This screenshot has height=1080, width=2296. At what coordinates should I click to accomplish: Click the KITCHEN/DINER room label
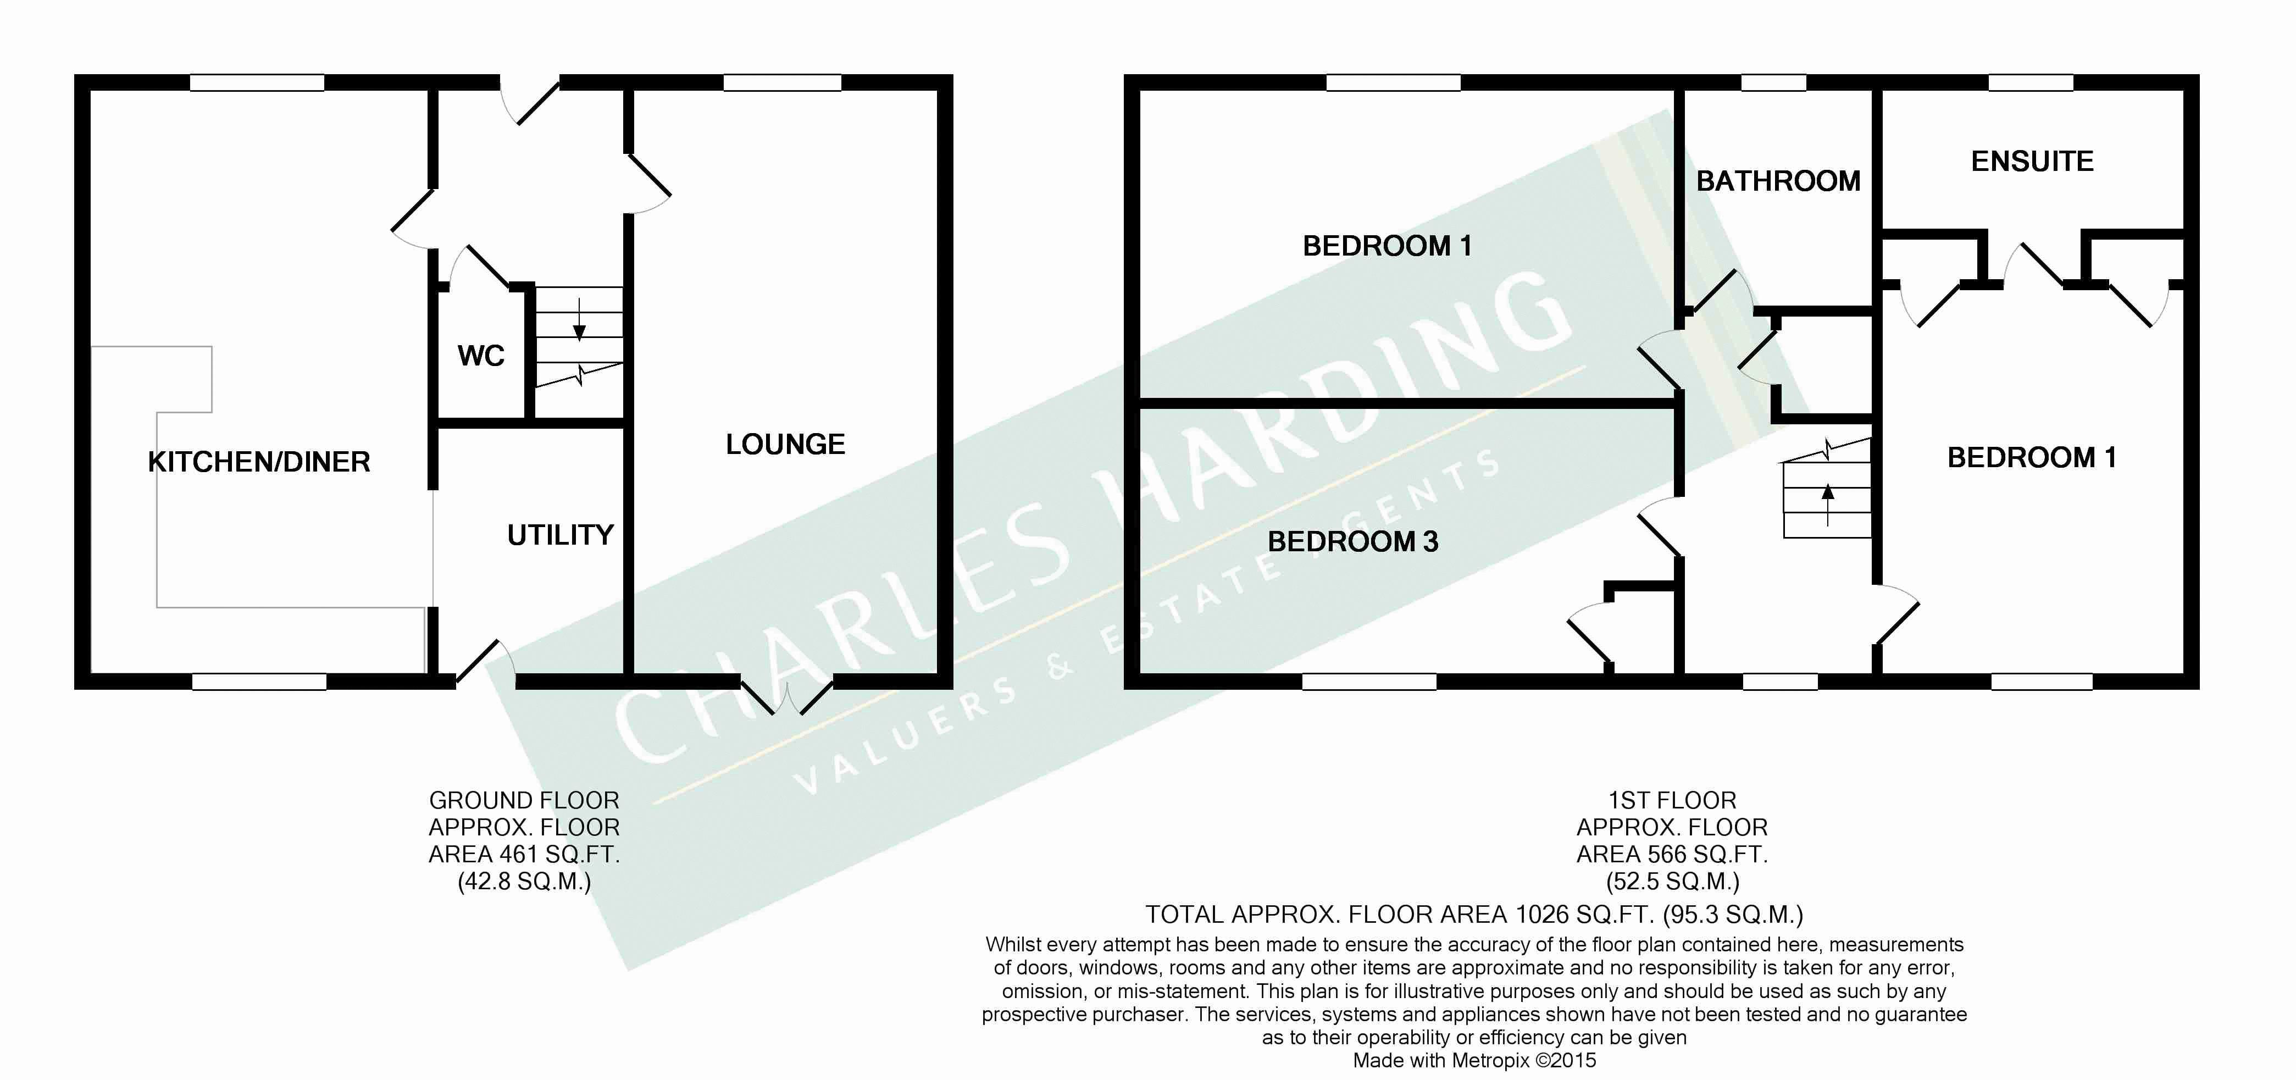pyautogui.click(x=258, y=462)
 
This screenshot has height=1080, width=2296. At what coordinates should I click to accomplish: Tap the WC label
pyautogui.click(x=481, y=356)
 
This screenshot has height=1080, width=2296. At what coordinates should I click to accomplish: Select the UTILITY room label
pyautogui.click(x=561, y=535)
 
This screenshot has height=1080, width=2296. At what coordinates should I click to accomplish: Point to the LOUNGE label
pyautogui.click(x=785, y=444)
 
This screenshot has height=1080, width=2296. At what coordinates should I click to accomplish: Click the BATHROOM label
pyautogui.click(x=1778, y=181)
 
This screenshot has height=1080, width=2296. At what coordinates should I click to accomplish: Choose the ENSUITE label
pyautogui.click(x=2032, y=161)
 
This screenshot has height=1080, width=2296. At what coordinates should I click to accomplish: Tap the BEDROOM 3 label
pyautogui.click(x=1353, y=541)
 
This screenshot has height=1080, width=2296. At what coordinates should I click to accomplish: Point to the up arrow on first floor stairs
pyautogui.click(x=1828, y=505)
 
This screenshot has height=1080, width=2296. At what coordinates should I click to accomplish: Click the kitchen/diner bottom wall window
pyautogui.click(x=259, y=682)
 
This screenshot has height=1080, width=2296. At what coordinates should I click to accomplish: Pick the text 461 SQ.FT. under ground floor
pyautogui.click(x=560, y=855)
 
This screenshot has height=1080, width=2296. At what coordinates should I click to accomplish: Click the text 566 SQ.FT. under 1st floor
pyautogui.click(x=1708, y=855)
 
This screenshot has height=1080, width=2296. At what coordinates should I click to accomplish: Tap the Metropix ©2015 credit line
pyautogui.click(x=1474, y=1060)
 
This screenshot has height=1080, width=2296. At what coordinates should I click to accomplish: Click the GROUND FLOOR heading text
pyautogui.click(x=524, y=800)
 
